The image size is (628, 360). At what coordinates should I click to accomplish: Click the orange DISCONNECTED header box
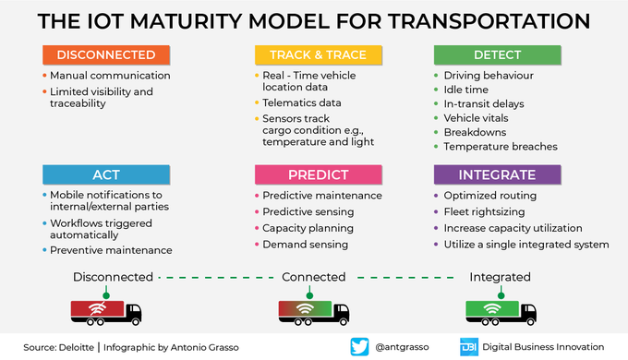tap(105, 55)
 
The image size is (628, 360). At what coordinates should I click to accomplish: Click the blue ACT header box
tap(105, 174)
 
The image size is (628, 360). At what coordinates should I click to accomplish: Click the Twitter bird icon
tap(360, 346)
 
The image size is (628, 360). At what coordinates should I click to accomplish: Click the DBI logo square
tap(468, 346)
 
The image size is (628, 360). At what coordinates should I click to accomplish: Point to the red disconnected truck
tap(105, 310)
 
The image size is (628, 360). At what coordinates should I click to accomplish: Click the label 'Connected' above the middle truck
tap(314, 277)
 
